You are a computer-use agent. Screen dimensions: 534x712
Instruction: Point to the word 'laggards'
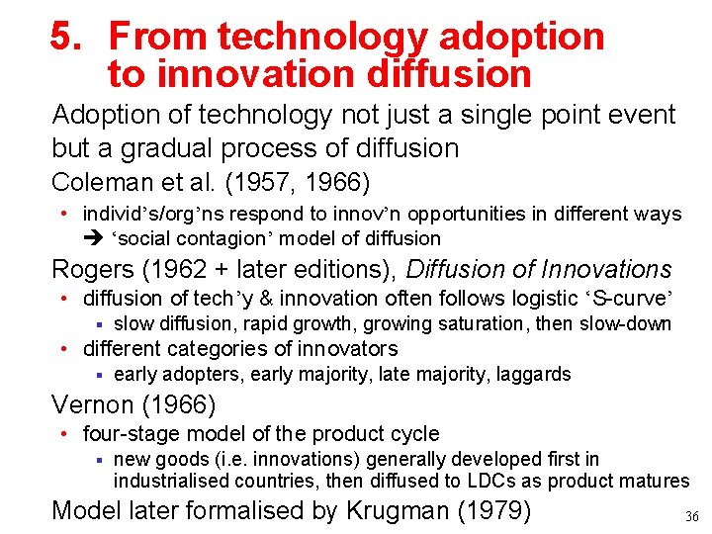[534, 374]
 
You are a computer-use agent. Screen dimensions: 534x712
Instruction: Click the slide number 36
[691, 516]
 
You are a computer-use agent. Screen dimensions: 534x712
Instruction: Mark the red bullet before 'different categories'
[63, 348]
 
